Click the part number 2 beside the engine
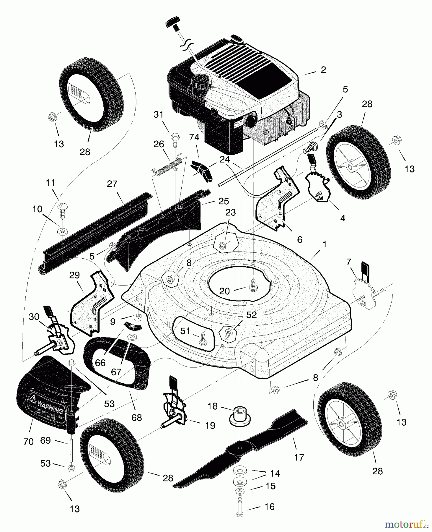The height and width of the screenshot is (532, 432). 323,70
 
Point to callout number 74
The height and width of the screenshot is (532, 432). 194,137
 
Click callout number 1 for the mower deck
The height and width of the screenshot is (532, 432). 325,244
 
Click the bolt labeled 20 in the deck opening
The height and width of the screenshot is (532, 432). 253,285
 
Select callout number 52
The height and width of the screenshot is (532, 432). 251,315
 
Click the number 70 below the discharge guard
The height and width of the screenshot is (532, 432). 28,442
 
